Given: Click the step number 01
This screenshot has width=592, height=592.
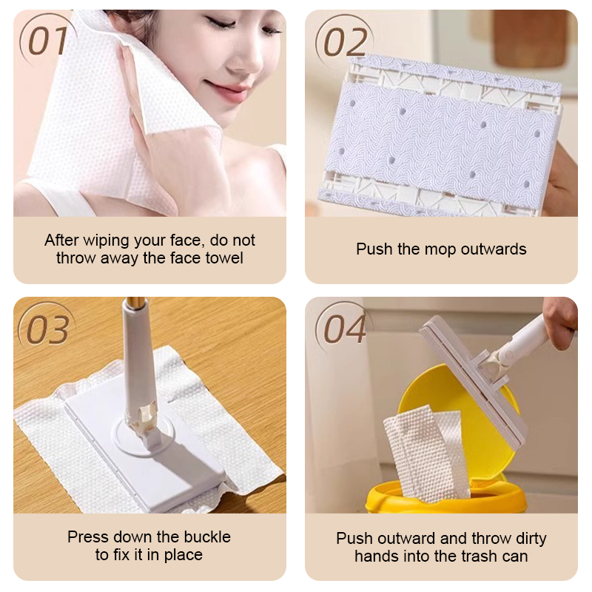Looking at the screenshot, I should pos(49,41).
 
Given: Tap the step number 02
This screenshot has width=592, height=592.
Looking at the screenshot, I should pos(346,41).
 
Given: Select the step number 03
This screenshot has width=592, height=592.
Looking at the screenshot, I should pos(49,330).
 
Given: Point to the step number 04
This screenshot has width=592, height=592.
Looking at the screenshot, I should pos(345,330).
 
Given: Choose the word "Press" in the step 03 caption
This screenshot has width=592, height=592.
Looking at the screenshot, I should pos(89,536).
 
